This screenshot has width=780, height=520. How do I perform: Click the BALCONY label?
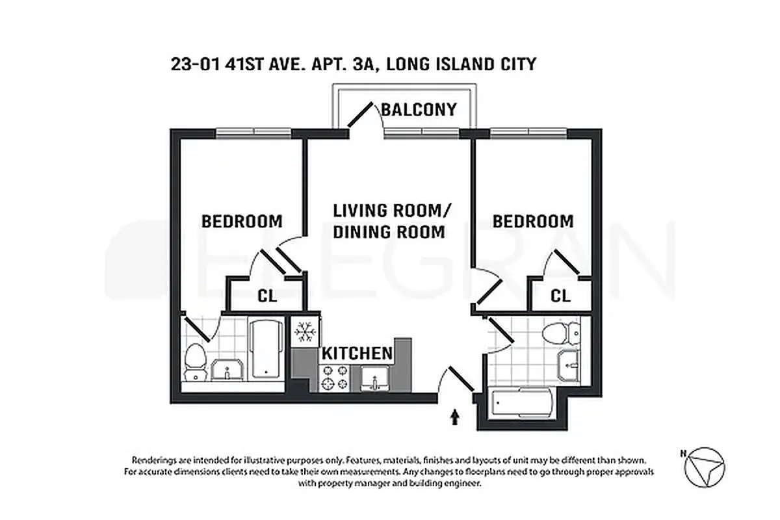419,110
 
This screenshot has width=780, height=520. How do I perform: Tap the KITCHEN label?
357,354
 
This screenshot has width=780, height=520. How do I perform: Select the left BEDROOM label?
242,221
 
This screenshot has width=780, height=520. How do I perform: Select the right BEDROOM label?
533,221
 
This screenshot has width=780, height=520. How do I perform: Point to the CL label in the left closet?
267,296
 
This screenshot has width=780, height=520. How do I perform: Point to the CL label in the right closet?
560,296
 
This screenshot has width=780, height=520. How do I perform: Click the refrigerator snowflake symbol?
304,333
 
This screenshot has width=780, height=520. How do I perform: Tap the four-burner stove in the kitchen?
333,378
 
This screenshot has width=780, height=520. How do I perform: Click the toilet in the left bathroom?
195,361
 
